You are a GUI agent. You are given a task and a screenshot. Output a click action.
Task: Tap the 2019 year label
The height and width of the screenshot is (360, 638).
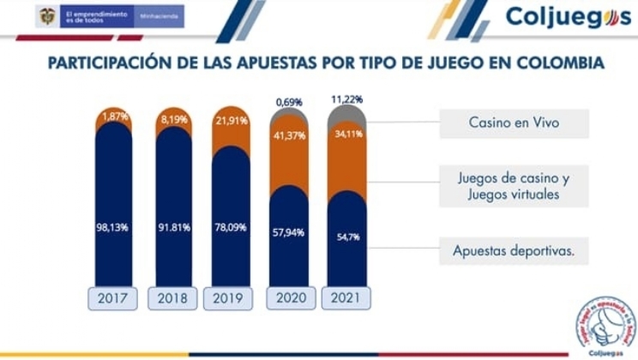pos(231,298)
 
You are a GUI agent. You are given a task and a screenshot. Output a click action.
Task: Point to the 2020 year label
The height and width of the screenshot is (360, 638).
pos(289,298)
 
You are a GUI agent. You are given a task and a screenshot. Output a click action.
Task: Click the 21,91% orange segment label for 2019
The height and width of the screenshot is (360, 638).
pos(231,123)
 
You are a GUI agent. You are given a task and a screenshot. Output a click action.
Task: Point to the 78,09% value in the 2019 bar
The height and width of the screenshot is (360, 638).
pos(231,228)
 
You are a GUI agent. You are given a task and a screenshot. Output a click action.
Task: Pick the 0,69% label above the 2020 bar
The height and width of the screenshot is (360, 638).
pos(289,102)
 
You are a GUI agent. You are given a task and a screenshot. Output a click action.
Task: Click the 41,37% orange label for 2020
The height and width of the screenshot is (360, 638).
pos(289,135)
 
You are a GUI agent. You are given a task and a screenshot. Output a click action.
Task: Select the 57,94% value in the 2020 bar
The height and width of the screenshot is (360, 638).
pos(289,232)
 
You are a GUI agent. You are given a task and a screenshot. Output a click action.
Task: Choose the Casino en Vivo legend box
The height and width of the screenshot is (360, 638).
pos(514,123)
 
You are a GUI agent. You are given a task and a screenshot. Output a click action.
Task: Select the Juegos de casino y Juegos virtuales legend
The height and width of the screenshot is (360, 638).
pos(514,186)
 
